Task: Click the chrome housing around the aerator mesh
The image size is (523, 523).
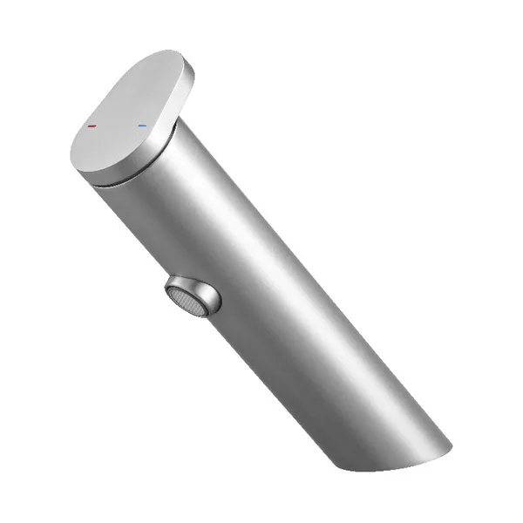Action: coord(201,291)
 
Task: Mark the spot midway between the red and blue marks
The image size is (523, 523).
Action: coord(118,126)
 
